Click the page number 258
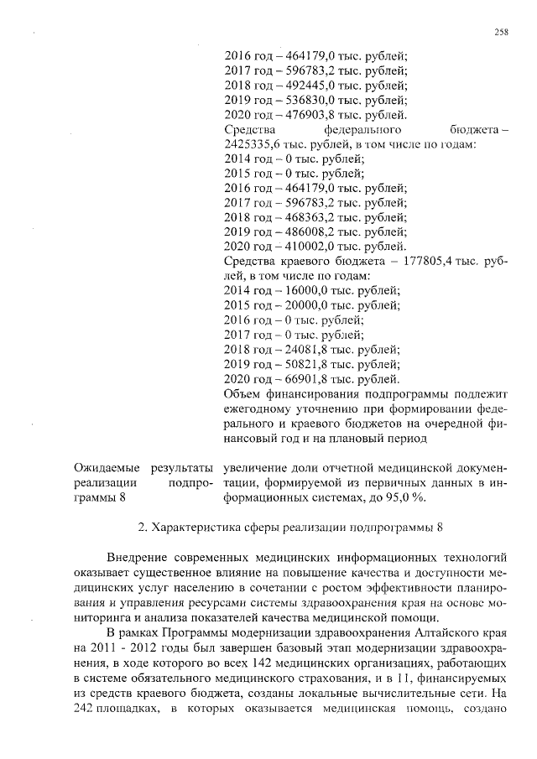501,32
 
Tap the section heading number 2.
141,528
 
